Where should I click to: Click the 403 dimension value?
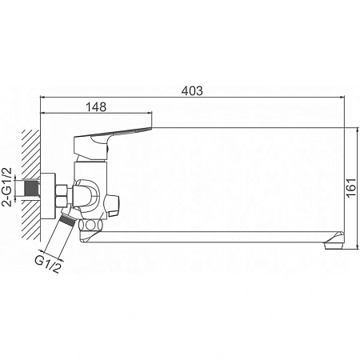point(192,90)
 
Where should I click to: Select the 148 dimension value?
point(96,106)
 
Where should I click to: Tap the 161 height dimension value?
point(352,187)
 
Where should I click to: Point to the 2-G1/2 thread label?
point(7,187)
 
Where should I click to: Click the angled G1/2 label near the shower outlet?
point(48,264)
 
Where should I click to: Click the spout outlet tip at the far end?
point(334,241)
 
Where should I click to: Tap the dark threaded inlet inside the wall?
point(31,189)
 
